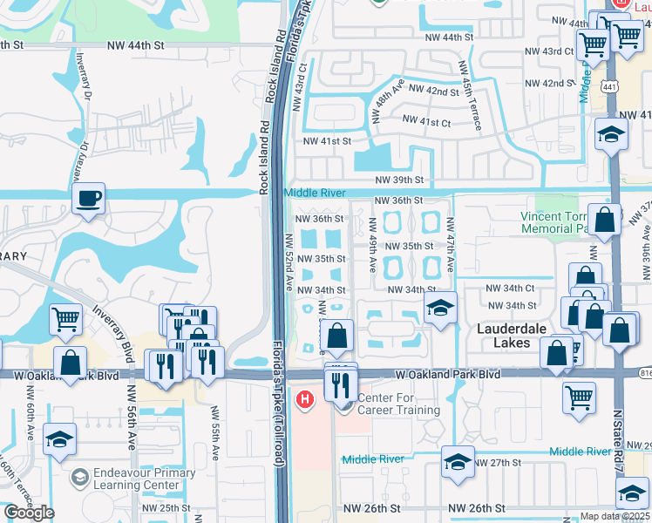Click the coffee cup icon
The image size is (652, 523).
(88, 198)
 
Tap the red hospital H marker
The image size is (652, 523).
(304, 401)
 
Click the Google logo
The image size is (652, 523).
(29, 513)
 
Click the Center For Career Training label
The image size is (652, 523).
(397, 404)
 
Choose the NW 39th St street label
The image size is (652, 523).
(399, 180)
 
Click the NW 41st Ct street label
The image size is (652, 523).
(428, 123)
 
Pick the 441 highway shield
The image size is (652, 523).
(609, 85)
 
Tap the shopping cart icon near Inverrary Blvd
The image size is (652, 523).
(65, 318)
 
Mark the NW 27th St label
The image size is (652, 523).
(499, 462)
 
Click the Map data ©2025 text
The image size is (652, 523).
(615, 516)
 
